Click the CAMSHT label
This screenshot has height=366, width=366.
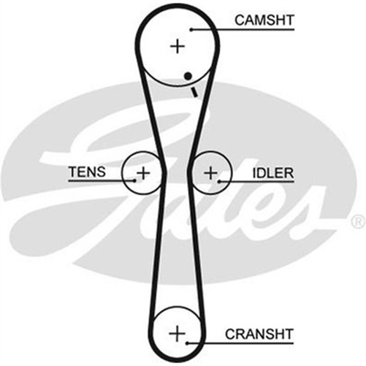[x=264, y=20]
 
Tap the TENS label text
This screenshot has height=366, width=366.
[x=87, y=173]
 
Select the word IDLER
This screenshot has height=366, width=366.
[x=272, y=173]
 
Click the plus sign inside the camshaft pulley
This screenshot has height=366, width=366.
[x=178, y=46]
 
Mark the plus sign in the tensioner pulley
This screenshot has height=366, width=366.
[x=143, y=173]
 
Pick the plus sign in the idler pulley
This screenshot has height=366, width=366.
[x=210, y=173]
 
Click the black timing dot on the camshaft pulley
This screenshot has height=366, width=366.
[x=189, y=76]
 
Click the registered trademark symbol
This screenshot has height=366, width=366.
[x=357, y=220]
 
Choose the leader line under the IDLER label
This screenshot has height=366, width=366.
[x=263, y=181]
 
